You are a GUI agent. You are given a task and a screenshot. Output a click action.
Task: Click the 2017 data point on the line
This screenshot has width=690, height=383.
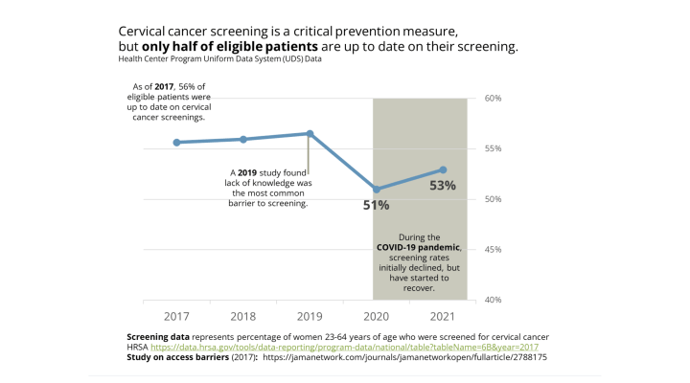(176, 143)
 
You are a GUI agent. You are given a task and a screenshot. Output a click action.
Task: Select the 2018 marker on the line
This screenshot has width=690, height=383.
(243, 140)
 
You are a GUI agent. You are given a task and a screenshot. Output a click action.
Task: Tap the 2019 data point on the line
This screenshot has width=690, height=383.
(310, 133)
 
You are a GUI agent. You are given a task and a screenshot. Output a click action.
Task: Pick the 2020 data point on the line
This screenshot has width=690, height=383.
(377, 190)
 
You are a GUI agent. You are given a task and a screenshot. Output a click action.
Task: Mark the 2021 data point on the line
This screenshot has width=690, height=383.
(443, 169)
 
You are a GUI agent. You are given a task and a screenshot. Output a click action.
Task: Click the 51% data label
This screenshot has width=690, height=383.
(376, 205)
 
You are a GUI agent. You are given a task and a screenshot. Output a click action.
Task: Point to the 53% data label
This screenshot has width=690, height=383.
(443, 186)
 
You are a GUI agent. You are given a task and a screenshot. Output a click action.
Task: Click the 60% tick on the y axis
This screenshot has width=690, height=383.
(494, 99)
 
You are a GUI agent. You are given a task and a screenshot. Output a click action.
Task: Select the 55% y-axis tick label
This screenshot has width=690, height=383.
(494, 148)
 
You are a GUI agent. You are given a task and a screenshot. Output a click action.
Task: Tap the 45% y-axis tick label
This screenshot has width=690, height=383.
(494, 250)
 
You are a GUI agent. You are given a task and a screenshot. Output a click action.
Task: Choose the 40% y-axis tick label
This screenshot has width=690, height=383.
(494, 300)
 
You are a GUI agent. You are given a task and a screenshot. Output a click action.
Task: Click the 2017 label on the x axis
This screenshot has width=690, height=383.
(176, 316)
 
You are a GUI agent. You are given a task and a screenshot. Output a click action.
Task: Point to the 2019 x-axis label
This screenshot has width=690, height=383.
(310, 316)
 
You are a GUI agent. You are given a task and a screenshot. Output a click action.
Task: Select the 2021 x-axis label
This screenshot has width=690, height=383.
(443, 316)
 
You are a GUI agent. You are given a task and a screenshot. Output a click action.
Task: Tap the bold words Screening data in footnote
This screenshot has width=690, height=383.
(158, 337)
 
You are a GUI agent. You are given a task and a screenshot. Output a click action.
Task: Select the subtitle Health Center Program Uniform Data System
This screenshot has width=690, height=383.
(219, 59)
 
